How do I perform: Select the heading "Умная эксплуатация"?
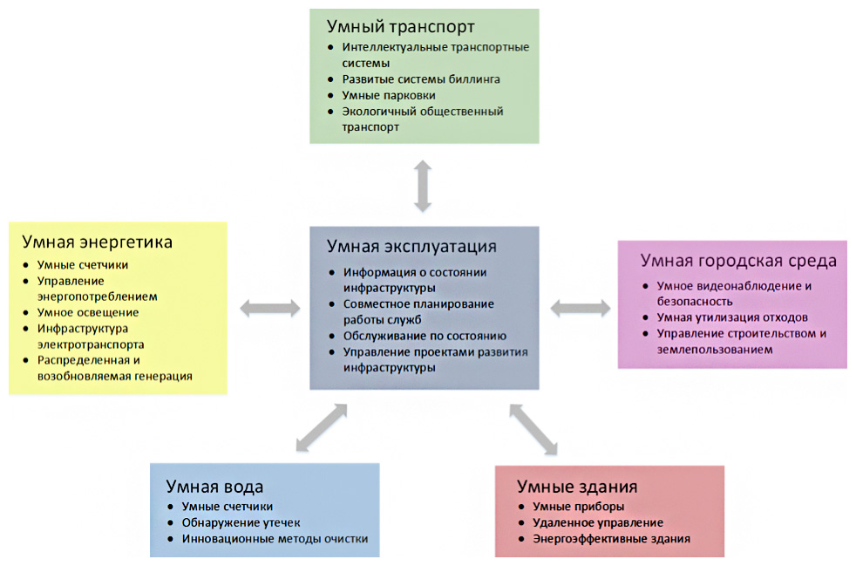point(411,247)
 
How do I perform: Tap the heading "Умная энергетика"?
point(98,242)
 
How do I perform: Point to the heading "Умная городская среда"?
point(738,261)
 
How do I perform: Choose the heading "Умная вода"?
point(214,486)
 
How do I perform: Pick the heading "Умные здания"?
point(577,486)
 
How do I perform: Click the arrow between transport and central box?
point(423,186)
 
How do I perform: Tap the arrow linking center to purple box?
point(580,306)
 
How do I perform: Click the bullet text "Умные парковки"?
point(389,95)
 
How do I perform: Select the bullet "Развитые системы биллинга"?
point(421,78)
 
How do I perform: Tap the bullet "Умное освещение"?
point(87,312)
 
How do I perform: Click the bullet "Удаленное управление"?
point(597,522)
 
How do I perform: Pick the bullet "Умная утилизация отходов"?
point(732,317)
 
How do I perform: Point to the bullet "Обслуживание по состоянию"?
point(425,336)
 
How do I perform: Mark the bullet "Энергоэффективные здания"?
point(611,539)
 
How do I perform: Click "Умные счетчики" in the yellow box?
point(83,264)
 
